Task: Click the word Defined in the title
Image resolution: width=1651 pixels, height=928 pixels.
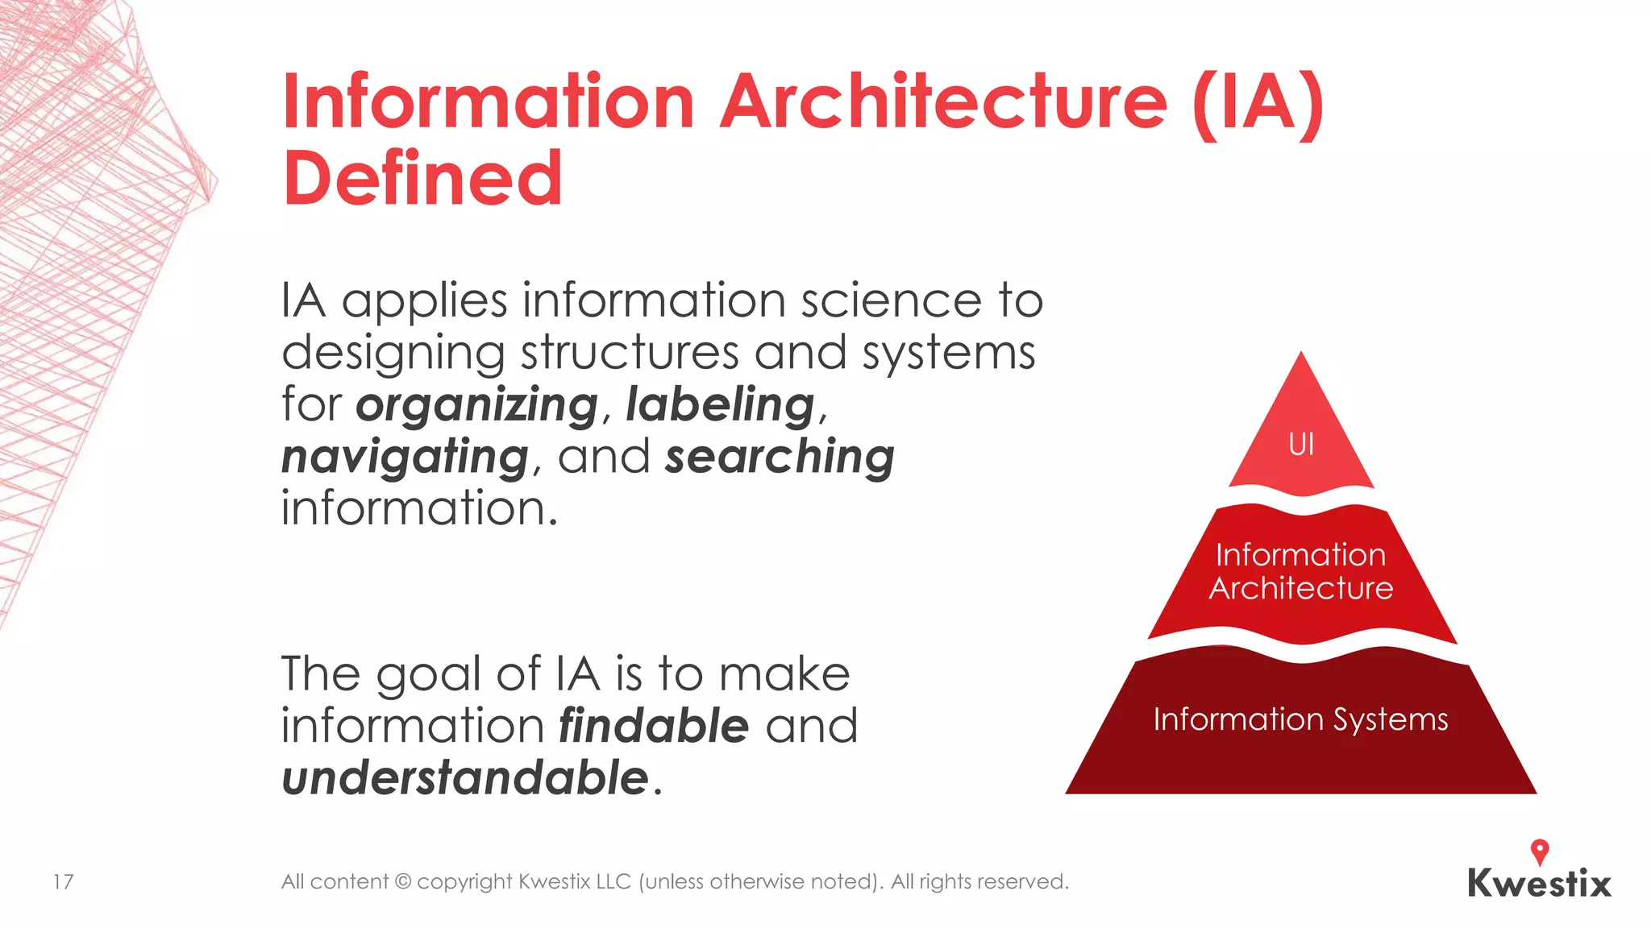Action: (x=422, y=178)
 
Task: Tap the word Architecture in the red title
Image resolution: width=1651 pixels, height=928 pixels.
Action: (x=942, y=102)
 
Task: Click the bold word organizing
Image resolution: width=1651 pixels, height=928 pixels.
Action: (x=476, y=404)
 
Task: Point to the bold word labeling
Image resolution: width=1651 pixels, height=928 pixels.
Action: (x=721, y=404)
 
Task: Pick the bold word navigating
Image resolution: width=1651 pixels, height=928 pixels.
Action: (x=405, y=457)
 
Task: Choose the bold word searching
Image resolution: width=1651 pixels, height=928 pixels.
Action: (x=780, y=457)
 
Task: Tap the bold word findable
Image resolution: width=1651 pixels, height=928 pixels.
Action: (x=654, y=726)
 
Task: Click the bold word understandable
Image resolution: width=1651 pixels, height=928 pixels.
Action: (x=465, y=778)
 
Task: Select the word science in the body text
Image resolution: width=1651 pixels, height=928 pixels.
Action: (x=891, y=300)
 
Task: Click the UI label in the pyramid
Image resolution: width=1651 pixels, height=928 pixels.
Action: (x=1301, y=445)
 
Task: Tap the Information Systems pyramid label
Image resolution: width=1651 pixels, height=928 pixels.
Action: (x=1300, y=719)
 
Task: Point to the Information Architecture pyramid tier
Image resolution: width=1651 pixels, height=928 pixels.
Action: (x=1301, y=572)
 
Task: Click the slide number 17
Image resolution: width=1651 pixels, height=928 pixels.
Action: (x=63, y=882)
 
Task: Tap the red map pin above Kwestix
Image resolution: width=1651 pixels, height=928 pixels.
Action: (x=1540, y=851)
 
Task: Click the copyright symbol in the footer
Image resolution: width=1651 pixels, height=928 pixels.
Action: (x=402, y=882)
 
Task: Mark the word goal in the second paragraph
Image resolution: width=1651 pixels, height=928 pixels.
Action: (x=431, y=675)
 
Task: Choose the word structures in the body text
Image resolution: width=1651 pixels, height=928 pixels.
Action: (x=630, y=353)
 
